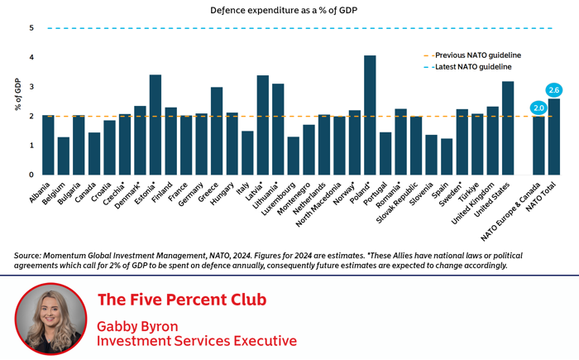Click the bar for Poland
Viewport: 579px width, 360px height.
370,116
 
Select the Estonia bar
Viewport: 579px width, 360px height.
155,125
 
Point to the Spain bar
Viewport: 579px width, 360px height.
447,156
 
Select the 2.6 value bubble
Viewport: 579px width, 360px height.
553,89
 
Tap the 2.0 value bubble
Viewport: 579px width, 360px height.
538,108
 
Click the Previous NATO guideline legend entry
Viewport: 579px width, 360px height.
471,55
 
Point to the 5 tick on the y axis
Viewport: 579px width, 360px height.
31,28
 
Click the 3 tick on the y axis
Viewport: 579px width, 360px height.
31,87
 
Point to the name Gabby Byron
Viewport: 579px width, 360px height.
137,325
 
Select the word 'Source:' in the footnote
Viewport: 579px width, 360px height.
32,255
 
